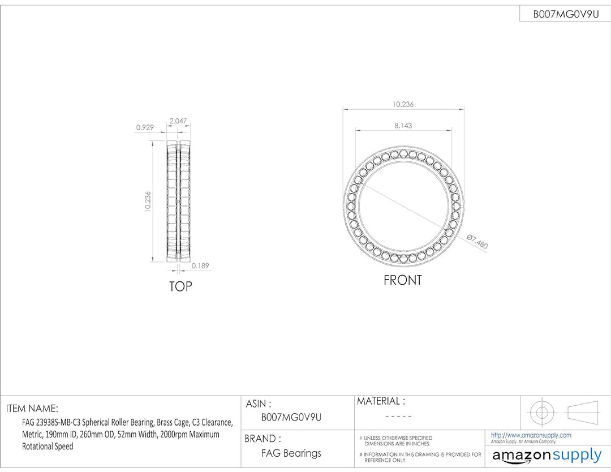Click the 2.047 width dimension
(x=178, y=121)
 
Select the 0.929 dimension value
(x=145, y=127)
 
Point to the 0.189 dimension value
(x=200, y=265)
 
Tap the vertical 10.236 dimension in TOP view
(x=147, y=201)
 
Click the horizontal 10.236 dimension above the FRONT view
(x=403, y=104)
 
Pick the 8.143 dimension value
(x=403, y=126)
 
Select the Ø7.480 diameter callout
(x=477, y=242)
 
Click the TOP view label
(x=180, y=286)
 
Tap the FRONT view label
(x=403, y=280)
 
